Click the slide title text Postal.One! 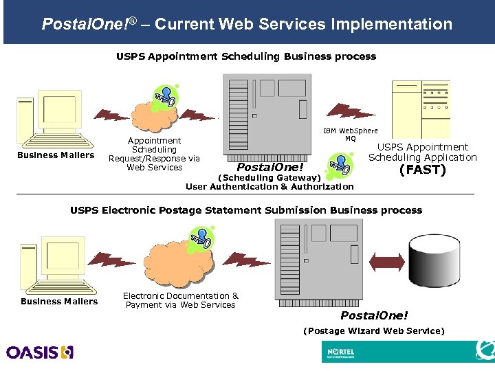(87, 25)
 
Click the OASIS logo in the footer (39, 352)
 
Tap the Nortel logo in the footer (341, 352)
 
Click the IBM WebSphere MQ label (350, 135)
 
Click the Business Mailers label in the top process (56, 155)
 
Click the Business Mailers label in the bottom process (59, 302)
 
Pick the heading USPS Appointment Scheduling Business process (246, 56)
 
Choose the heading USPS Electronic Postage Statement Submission (246, 210)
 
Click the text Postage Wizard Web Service (374, 331)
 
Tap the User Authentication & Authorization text (269, 187)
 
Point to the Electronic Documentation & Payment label (180, 300)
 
